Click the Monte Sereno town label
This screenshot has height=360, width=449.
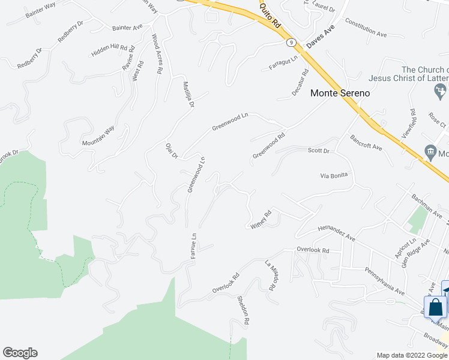point(339,94)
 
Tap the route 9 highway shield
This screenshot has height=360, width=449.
point(291,43)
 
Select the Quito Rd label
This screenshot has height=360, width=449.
point(270,13)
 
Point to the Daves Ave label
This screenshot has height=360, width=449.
point(319,37)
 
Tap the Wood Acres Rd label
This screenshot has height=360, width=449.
point(157,54)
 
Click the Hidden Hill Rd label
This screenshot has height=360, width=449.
point(110,50)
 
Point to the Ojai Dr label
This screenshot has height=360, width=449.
point(171,151)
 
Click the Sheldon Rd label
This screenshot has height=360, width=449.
point(243,310)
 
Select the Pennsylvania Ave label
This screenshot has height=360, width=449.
point(385,280)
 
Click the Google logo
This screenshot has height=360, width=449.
point(20,353)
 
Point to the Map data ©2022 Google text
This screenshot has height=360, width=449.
point(412,355)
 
